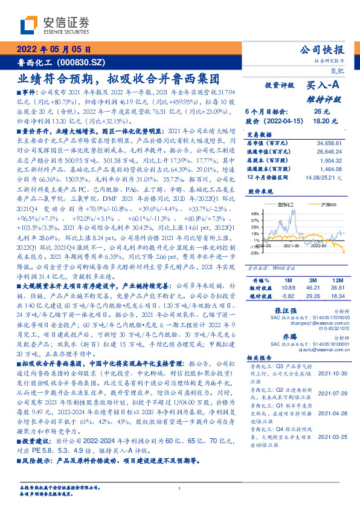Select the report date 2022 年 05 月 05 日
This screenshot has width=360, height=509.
(54, 50)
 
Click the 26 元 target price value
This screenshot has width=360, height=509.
(321, 112)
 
